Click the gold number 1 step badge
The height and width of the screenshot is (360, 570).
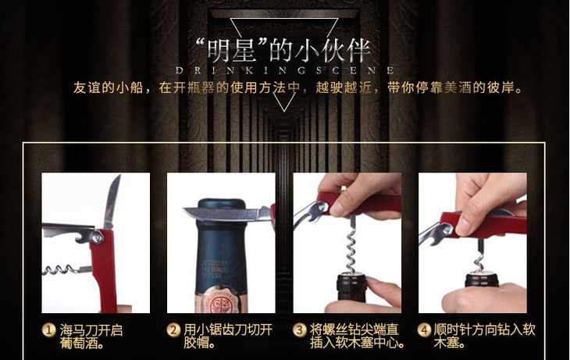click(x=48, y=330)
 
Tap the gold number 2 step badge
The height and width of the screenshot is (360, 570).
click(x=174, y=330)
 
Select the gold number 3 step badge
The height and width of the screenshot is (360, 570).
click(x=300, y=330)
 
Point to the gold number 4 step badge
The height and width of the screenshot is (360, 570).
click(x=425, y=330)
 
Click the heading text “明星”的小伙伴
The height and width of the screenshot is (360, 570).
click(x=283, y=51)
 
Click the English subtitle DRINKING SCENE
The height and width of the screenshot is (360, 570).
click(x=285, y=70)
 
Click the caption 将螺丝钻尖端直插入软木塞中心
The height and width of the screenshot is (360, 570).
click(x=357, y=337)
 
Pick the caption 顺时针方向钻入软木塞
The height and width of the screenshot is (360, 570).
click(x=484, y=337)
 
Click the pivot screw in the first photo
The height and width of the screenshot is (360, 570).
click(x=98, y=237)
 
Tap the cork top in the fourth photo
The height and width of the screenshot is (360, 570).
click(x=482, y=273)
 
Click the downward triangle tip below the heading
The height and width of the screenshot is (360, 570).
click(x=285, y=111)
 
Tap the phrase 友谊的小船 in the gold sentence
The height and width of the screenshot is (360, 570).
click(x=109, y=87)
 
